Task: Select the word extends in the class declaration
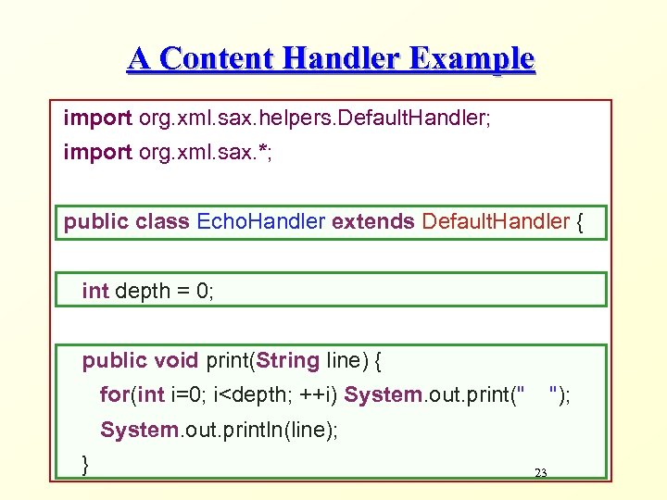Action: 373,222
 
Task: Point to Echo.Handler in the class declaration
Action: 261,222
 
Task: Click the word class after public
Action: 163,222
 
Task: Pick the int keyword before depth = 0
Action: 95,291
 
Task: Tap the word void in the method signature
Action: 176,360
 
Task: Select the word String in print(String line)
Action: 289,360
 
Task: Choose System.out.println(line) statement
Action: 219,431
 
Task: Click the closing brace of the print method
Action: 86,463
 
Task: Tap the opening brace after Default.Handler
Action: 580,222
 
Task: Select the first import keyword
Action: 97,119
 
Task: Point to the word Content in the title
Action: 215,59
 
